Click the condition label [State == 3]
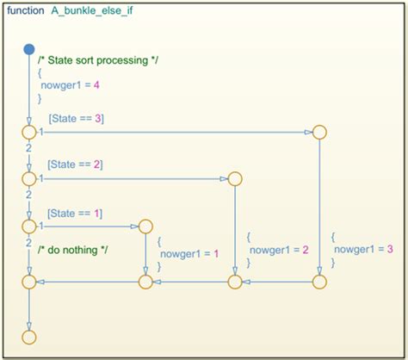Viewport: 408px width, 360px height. tap(76, 118)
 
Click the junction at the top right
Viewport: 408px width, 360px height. tap(319, 132)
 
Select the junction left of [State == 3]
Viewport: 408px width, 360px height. tap(29, 132)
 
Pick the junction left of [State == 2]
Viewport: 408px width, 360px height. tap(29, 179)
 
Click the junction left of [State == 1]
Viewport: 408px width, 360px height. tap(29, 226)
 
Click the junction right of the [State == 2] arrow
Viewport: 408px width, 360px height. tap(235, 179)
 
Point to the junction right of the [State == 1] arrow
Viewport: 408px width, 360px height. tap(145, 226)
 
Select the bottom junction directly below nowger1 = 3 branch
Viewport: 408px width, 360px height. tap(319, 281)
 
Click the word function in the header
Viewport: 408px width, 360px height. tap(26, 11)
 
